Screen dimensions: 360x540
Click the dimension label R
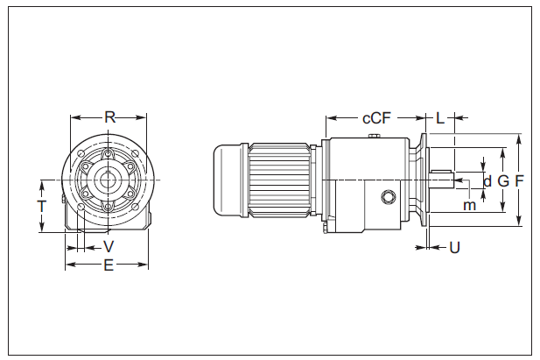109,116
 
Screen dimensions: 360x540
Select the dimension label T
41,207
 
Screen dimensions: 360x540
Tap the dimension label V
109,246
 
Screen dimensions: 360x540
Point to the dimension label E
109,265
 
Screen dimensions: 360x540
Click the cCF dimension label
376,117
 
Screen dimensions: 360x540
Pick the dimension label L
440,117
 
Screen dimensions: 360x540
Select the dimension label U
454,248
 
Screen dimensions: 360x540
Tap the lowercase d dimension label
487,181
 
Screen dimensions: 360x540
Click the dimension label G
502,181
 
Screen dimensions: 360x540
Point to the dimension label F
520,181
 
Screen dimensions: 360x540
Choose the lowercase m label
470,205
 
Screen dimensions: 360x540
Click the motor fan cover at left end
230,180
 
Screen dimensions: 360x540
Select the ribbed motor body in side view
280,180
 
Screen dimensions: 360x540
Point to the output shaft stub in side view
442,180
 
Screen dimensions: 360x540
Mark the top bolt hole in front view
109,156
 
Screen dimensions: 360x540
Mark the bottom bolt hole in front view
109,206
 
